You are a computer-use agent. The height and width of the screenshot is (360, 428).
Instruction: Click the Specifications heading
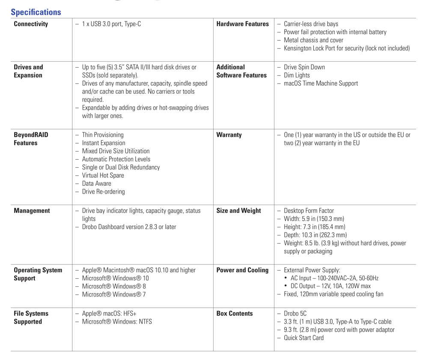pos(36,12)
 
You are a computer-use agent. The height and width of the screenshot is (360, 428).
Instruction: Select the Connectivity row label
pos(31,24)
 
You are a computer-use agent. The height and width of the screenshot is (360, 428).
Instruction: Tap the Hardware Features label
pos(242,24)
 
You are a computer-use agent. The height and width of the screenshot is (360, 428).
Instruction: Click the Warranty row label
pos(229,135)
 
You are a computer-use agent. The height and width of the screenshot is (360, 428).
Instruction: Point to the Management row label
pos(32,211)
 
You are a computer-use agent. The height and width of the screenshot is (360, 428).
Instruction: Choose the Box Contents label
pos(235,313)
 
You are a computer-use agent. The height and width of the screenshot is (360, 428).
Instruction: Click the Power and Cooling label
pos(242,270)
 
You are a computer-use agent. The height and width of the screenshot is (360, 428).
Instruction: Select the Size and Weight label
pos(238,211)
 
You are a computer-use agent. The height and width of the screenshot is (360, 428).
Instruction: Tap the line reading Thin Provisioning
pos(103,135)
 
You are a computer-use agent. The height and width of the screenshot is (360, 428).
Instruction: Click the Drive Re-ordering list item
pos(103,192)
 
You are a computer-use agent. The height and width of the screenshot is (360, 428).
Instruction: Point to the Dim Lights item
pos(297,75)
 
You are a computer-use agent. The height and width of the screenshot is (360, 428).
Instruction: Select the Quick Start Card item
pos(303,338)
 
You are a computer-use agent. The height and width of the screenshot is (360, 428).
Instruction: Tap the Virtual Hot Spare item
pos(103,176)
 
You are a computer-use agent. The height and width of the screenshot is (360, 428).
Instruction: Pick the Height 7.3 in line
pos(314,227)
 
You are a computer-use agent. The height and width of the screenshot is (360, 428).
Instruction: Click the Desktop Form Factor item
pos(309,211)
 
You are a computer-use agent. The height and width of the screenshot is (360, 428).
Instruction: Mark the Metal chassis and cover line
pos(313,40)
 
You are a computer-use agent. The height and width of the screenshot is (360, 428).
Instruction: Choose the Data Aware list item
pos(96,184)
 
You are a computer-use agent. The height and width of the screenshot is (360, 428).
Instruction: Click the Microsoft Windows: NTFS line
pos(117,321)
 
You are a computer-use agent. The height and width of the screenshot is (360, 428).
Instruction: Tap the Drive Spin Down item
pos(304,67)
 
